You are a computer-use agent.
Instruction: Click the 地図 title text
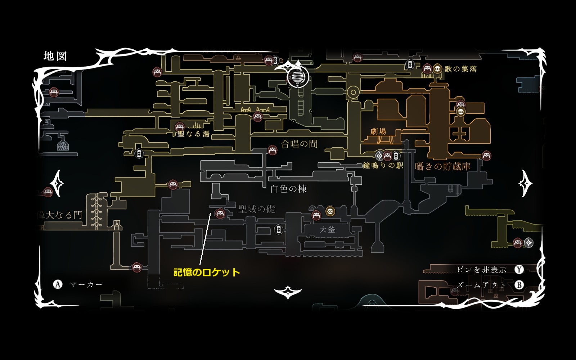coord(55,56)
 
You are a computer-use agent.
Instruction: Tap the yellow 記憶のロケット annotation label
coord(206,272)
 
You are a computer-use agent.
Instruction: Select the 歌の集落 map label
coord(460,69)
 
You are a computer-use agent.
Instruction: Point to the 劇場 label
coord(378,131)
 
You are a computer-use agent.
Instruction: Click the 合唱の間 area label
coord(299,144)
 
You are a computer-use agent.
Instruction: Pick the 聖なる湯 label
coord(194,134)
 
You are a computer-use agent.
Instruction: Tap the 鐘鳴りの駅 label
coord(383,166)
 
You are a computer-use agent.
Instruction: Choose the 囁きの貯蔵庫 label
coord(442,166)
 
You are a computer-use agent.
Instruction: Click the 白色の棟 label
coord(288,189)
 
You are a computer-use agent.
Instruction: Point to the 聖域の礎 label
coord(257,209)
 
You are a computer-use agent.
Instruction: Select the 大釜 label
coord(327,229)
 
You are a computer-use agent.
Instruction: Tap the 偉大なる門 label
coord(60,215)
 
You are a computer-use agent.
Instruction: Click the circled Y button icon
coord(519,269)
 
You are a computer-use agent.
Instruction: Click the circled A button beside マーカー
coord(58,284)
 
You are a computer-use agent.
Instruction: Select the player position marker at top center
coord(298,77)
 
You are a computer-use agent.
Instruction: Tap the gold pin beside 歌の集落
coord(437,68)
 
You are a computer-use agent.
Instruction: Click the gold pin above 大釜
coord(330,211)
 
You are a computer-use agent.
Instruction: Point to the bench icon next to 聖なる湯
coord(180,127)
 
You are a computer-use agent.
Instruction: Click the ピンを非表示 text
coord(481,270)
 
